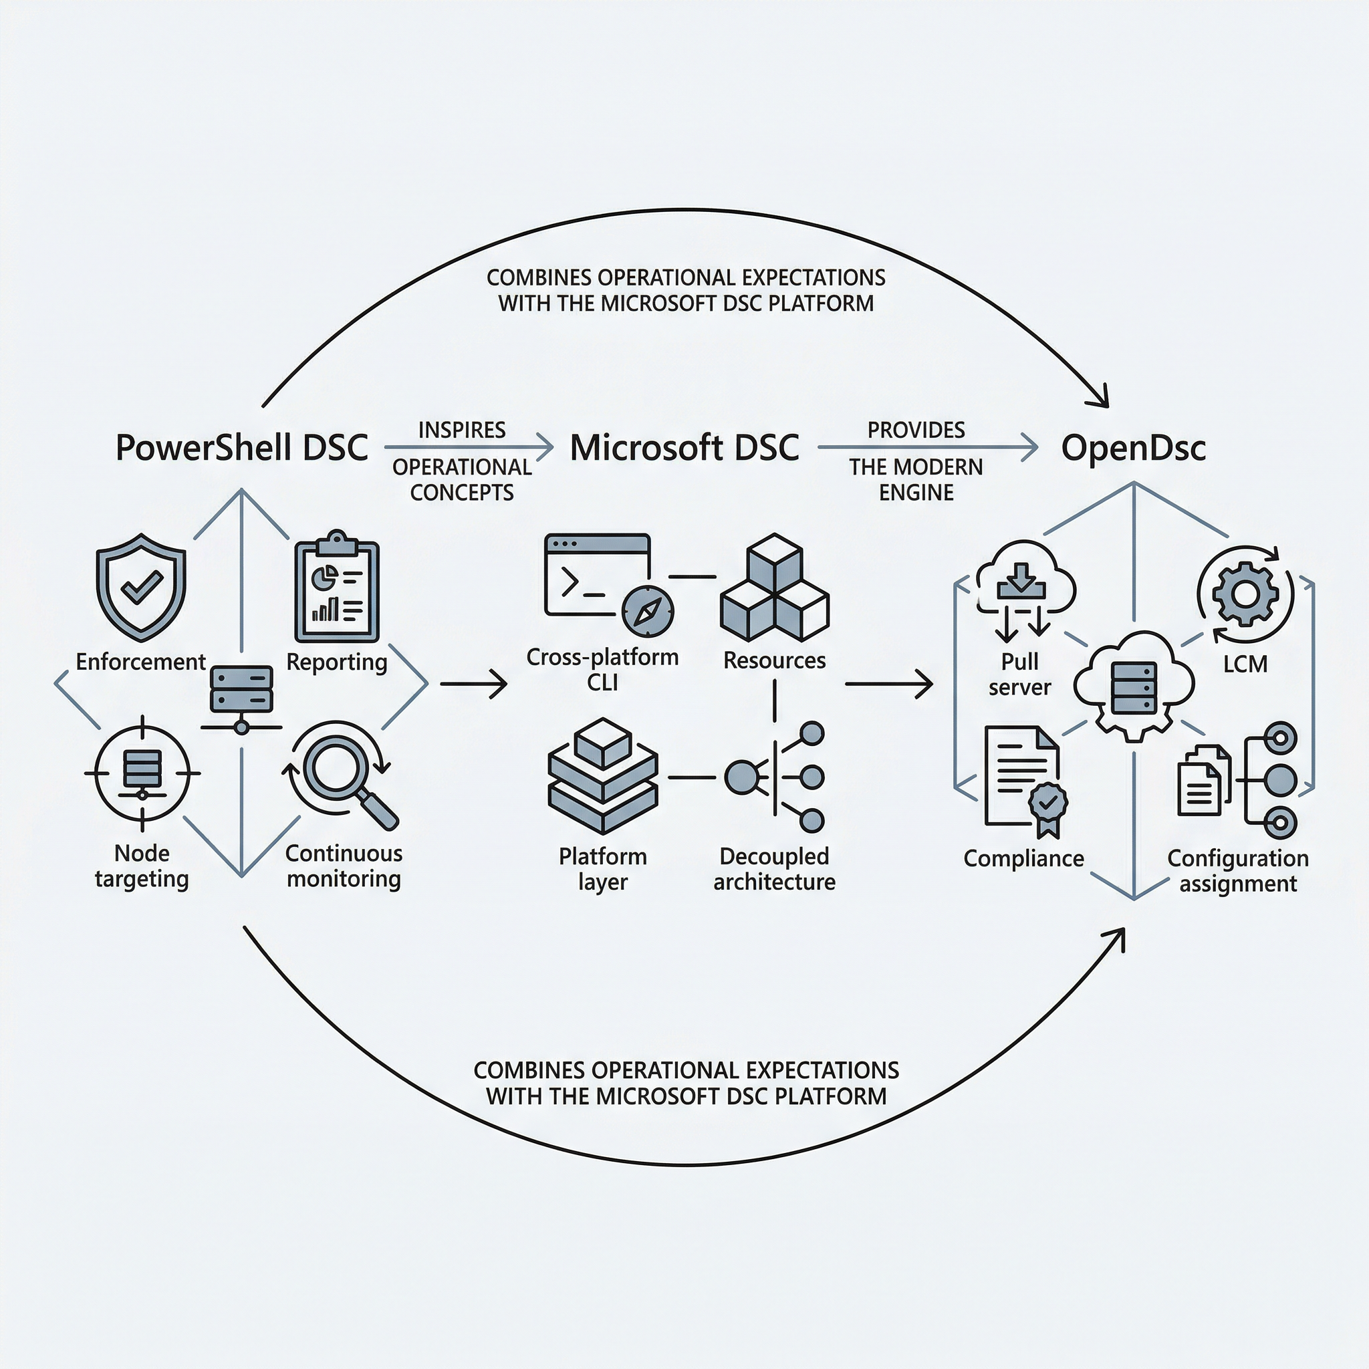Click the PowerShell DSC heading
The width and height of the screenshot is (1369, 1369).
[241, 448]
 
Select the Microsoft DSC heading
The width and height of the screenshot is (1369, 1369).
[684, 448]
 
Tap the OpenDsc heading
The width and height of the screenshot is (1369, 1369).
[1133, 448]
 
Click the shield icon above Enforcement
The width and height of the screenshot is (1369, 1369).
[141, 587]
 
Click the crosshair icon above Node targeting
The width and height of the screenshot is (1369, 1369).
[142, 772]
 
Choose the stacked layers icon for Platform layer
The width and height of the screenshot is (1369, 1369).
[603, 776]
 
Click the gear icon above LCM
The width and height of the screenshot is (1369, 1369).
[1245, 594]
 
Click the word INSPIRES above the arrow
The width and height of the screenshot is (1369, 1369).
[462, 430]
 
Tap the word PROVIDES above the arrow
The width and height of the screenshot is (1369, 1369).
[916, 430]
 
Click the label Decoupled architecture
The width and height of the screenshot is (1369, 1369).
[775, 869]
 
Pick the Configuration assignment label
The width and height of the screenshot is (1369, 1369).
[1238, 871]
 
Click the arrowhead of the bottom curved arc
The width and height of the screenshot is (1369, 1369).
[1120, 935]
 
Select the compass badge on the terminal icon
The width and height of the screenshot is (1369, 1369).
[648, 611]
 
